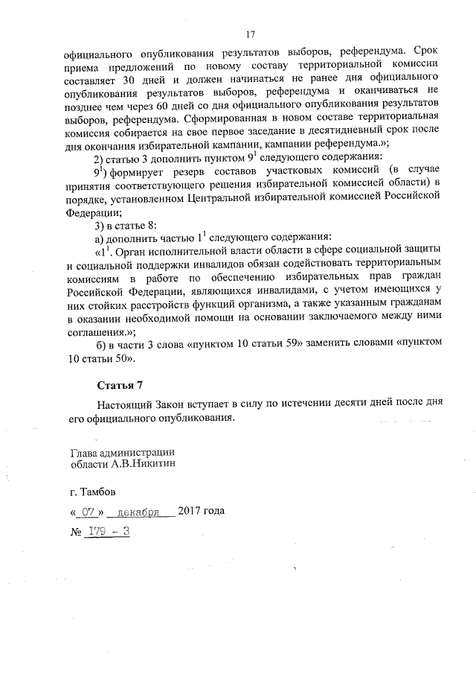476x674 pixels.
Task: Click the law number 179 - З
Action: pos(106,531)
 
